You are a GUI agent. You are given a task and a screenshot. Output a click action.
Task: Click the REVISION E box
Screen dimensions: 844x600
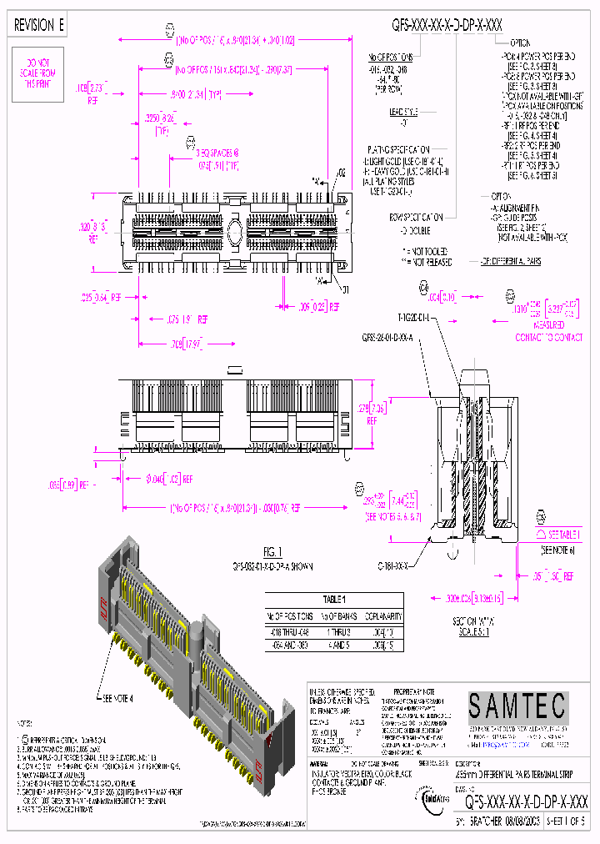[x=39, y=26]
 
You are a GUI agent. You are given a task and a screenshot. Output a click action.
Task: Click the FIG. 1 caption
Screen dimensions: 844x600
[x=273, y=550]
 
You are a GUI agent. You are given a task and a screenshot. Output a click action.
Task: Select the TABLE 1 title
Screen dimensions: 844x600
[x=333, y=600]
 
